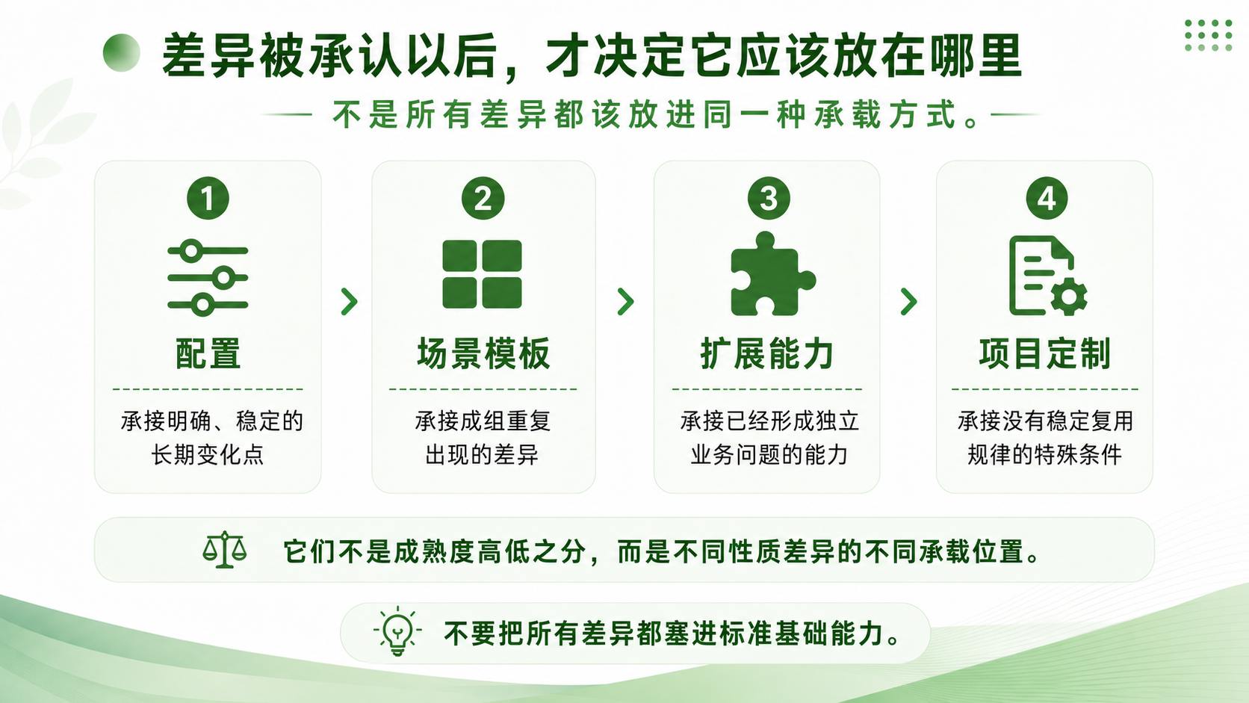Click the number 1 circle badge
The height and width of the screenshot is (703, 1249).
tap(208, 198)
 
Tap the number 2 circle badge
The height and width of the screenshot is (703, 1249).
tap(483, 198)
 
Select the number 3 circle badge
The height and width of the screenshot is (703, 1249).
tap(769, 198)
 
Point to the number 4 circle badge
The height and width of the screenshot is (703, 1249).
tap(1047, 198)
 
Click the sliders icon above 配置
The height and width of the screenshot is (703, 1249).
tap(208, 278)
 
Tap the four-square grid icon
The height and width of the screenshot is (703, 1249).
tap(482, 274)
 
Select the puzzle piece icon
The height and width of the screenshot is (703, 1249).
tap(772, 273)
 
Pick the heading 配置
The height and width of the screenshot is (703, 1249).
tap(208, 353)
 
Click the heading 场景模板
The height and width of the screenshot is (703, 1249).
tap(483, 353)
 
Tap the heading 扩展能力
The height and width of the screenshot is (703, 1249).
tap(766, 353)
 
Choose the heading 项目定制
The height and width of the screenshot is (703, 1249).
tap(1045, 353)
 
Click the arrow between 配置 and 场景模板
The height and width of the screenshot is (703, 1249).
tap(349, 302)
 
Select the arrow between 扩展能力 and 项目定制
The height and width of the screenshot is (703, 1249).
tap(909, 302)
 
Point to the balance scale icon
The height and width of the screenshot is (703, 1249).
tap(224, 550)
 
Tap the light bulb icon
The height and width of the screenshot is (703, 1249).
tap(397, 631)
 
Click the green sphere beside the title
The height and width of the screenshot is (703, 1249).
tap(122, 53)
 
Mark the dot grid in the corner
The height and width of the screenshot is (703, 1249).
tap(1209, 35)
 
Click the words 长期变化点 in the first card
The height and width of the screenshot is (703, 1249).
tap(208, 455)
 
